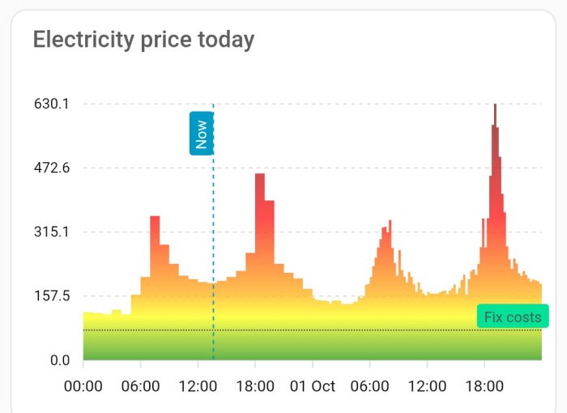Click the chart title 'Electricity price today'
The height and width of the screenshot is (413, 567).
point(143,39)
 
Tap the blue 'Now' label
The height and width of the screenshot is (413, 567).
point(201,133)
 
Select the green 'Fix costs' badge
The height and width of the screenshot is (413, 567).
point(512,317)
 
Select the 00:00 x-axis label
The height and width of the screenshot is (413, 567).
point(83,385)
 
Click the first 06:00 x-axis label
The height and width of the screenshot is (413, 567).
point(140,385)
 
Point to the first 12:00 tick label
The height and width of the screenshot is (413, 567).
point(198,385)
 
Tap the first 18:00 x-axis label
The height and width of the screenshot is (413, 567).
point(255,385)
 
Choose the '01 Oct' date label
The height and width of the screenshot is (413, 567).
point(313,385)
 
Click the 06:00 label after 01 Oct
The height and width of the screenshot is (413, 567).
point(369,385)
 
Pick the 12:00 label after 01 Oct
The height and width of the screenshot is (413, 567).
point(427,385)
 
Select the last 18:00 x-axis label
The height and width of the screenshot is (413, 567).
point(484,385)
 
